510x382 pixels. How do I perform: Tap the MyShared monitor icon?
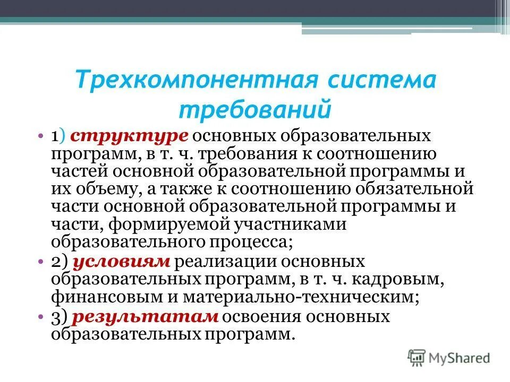click(x=417, y=357)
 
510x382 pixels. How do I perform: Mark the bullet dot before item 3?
click(x=41, y=317)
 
